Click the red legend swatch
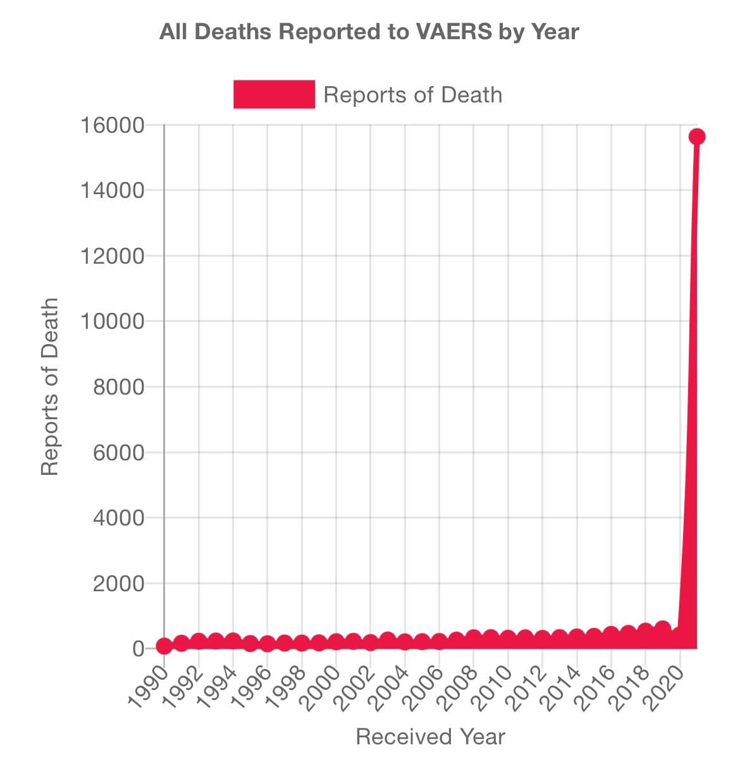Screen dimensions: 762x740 pos(274,95)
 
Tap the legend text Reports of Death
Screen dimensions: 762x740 pos(412,95)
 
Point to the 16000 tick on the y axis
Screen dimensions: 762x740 pos(112,125)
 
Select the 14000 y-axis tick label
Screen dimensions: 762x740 pos(112,190)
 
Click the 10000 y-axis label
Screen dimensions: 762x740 pos(112,321)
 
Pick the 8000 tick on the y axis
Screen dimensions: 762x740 pos(119,387)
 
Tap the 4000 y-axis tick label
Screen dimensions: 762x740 pos(119,518)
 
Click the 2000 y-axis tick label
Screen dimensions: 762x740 pos(119,584)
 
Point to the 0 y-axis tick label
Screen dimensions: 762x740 pos(139,649)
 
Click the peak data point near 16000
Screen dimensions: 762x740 pos(697,137)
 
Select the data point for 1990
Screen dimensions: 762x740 pos(164,646)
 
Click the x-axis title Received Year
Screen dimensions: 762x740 pos(430,737)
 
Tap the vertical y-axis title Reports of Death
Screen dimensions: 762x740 pos(49,386)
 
